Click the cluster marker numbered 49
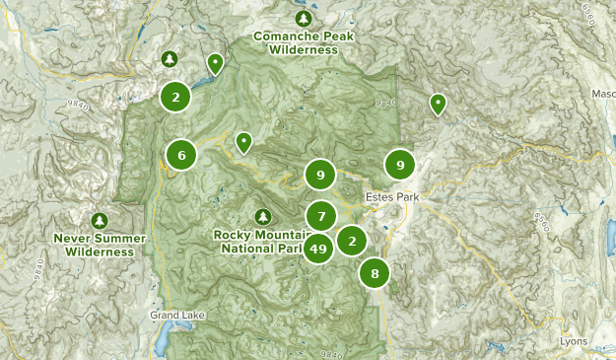pos(318,250)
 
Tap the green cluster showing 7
pos(321,214)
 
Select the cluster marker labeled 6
pos(181,154)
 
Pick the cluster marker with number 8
pos(375,273)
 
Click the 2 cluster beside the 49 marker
pos(352,240)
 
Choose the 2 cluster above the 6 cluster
pos(175,97)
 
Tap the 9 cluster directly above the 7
pos(320,176)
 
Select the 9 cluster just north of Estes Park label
pos(400,165)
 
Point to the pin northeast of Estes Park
pos(438,104)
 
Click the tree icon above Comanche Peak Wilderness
pos(304,19)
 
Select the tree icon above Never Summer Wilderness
pos(99,220)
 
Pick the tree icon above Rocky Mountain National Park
pos(262,216)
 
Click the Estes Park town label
pos(392,197)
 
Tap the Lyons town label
pos(572,341)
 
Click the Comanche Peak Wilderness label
pos(304,41)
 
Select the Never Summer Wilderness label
pos(100,245)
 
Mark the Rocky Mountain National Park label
pos(258,242)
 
